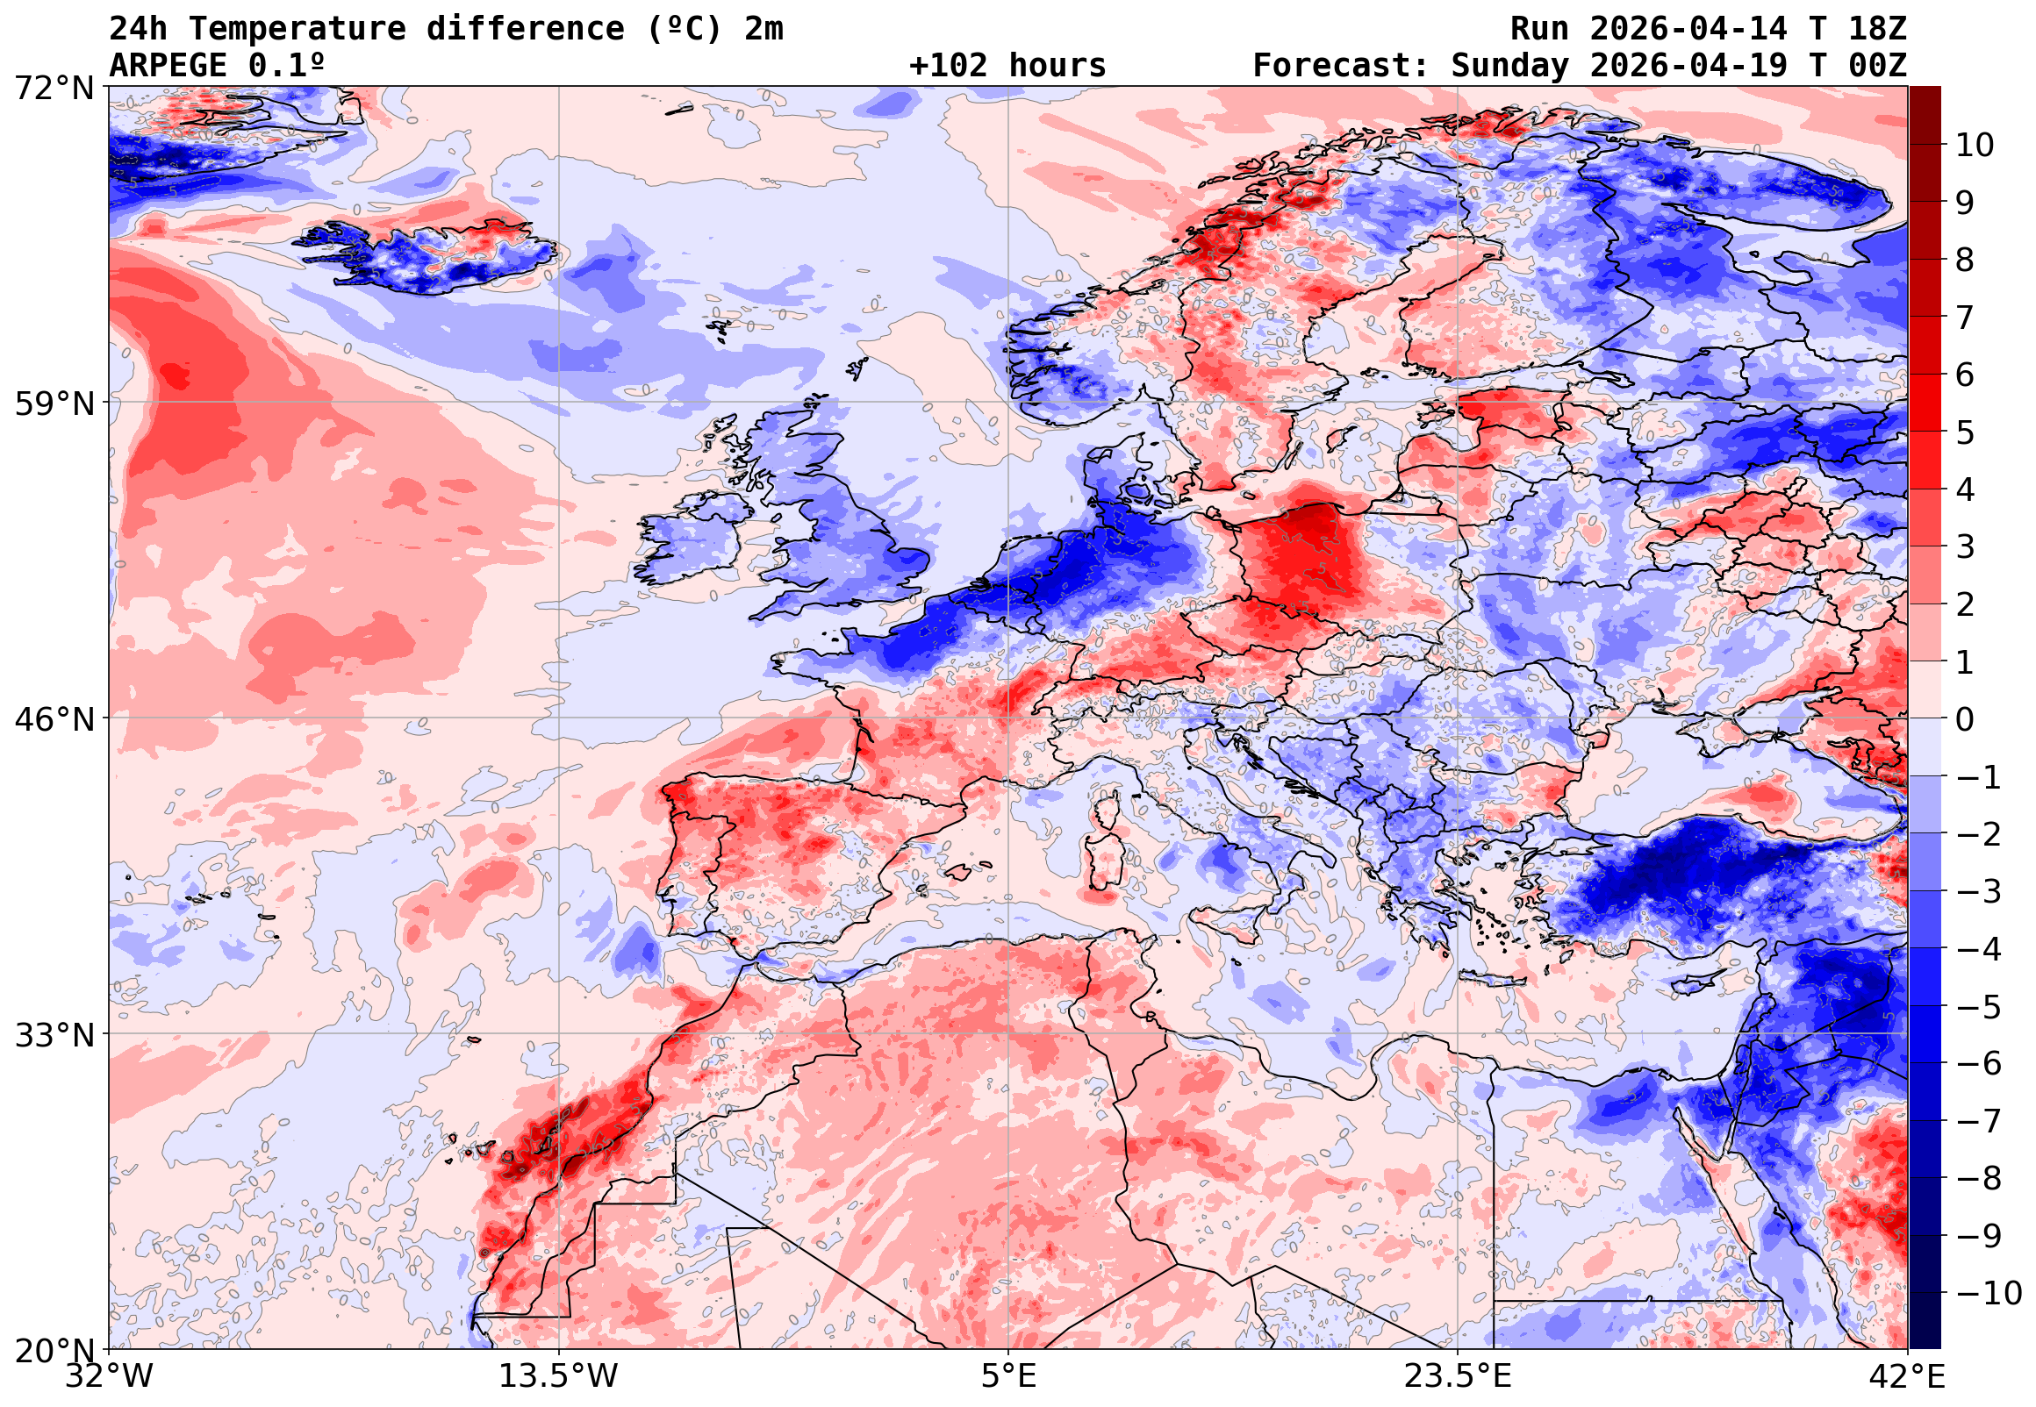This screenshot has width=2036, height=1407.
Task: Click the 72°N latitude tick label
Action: click(54, 89)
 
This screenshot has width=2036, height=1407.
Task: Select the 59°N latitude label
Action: click(54, 404)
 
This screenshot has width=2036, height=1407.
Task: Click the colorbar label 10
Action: click(1975, 146)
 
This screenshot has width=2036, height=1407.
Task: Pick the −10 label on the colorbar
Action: click(1989, 1293)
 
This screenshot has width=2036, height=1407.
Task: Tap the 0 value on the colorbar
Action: click(1966, 719)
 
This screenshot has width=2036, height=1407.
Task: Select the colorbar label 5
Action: click(1966, 432)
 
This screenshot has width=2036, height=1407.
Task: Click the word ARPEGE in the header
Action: click(168, 66)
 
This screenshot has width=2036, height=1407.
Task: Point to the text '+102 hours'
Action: click(1007, 66)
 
